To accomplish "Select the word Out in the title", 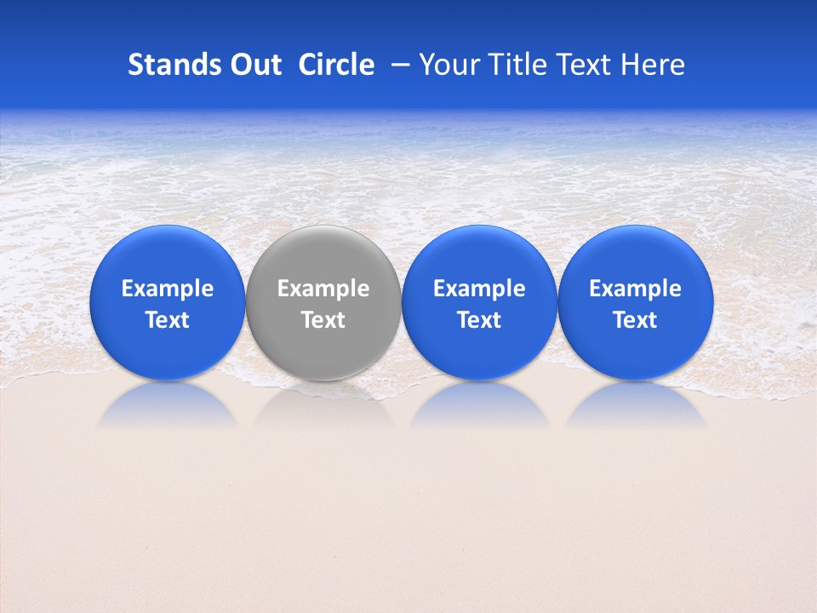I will point(253,65).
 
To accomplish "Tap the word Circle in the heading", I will point(336,65).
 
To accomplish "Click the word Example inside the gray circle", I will point(323,289).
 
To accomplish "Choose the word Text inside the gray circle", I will point(323,320).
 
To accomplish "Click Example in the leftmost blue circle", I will point(168,289).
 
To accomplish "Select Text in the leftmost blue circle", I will point(168,320).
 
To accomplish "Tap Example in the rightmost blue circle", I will point(636,289).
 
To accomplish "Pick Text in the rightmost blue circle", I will point(636,320).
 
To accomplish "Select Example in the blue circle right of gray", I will point(480,289).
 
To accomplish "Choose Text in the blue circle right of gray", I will point(480,320).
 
